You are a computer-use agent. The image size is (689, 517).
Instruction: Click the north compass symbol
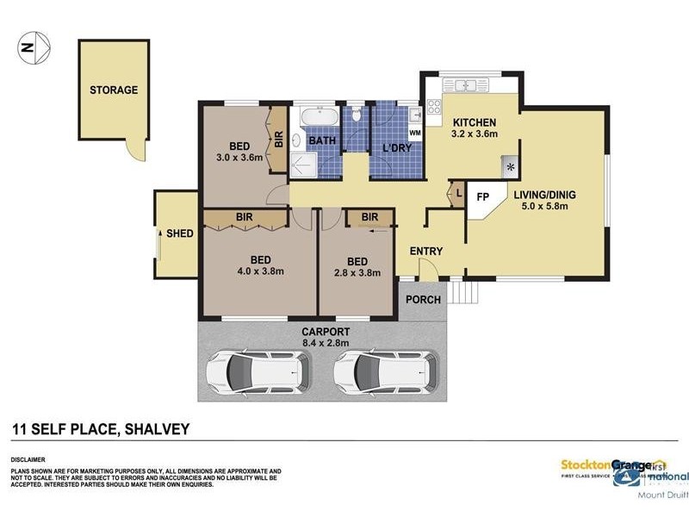point(34,47)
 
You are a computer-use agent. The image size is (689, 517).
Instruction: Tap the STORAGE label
point(114,90)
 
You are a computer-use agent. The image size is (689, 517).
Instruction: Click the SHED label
point(179,234)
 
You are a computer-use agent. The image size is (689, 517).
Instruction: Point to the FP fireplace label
point(482,196)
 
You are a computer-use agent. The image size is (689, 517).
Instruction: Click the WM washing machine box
point(414,134)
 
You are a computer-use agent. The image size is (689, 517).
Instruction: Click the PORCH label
point(424,300)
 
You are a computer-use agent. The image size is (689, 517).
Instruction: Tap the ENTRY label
point(426,252)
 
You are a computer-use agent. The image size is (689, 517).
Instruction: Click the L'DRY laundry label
point(395,148)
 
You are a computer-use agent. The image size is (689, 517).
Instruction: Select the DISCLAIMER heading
point(28,460)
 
